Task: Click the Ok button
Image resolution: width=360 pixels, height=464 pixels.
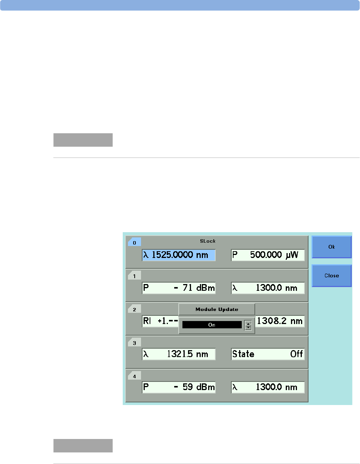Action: tap(331, 247)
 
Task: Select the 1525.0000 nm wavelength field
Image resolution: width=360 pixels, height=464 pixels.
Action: tap(179, 255)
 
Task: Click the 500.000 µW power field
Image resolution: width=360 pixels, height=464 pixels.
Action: tap(267, 255)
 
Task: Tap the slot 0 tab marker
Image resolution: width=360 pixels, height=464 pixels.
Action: tap(134, 243)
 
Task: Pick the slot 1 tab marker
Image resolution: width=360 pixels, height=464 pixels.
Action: tap(134, 276)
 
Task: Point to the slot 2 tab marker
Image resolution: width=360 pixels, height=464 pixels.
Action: tap(134, 309)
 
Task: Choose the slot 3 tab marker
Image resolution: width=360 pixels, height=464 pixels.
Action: tap(134, 343)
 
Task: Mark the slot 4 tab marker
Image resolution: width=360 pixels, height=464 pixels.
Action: tap(134, 376)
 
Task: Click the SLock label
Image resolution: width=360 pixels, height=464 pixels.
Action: tap(208, 241)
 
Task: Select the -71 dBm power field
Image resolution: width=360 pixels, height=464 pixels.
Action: tap(179, 288)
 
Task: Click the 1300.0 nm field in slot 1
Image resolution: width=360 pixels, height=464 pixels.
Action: tap(267, 288)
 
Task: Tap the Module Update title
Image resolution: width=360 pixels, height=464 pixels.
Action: tap(217, 309)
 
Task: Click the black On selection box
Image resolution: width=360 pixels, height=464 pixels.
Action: tap(212, 325)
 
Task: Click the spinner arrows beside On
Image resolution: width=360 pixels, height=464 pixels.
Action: tap(248, 326)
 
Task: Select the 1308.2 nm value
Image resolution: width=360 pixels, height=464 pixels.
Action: tap(279, 321)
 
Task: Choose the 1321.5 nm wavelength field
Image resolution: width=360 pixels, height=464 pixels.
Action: tap(179, 354)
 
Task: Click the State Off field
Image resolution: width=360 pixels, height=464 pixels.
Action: tap(267, 354)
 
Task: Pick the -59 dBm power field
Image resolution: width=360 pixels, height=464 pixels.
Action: tap(179, 387)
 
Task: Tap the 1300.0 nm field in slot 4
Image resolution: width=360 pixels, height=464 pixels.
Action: tap(267, 387)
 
